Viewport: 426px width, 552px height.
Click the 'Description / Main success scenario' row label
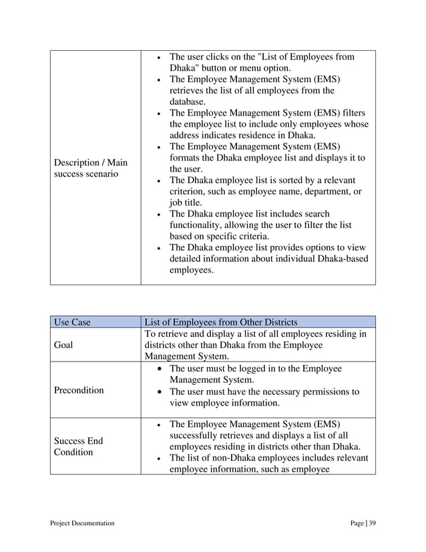click(x=90, y=168)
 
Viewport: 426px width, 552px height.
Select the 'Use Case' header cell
click(x=71, y=322)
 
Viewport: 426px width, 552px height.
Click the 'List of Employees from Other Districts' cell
click(x=221, y=322)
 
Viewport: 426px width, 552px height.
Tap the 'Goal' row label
click(x=65, y=346)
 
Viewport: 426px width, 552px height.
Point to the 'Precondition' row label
click(x=79, y=390)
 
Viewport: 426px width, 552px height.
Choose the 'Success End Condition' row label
click(x=77, y=446)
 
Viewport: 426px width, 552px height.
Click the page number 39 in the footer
click(x=372, y=523)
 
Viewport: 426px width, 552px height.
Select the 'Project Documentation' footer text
click(x=82, y=523)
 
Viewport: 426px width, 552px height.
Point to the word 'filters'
click(x=351, y=113)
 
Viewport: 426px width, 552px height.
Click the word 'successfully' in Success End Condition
click(x=200, y=435)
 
